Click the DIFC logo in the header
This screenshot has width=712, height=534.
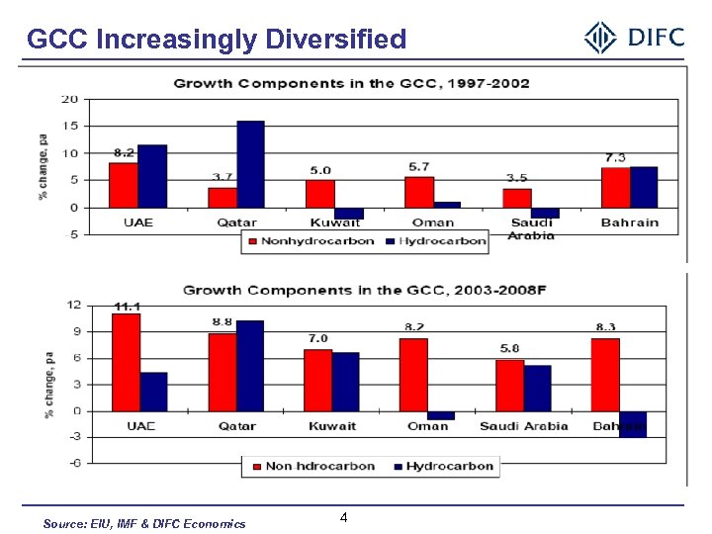(634, 39)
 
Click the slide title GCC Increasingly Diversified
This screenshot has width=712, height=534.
(217, 40)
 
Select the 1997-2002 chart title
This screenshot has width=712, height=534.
(351, 83)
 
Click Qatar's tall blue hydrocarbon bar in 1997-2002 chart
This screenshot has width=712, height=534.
(250, 164)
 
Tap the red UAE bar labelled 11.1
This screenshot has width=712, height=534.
(126, 362)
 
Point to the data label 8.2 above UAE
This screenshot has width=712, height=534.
(124, 152)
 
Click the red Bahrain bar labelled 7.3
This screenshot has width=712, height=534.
(615, 188)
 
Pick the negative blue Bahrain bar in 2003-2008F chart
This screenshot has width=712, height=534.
(633, 424)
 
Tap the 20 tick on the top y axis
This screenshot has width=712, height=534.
(70, 99)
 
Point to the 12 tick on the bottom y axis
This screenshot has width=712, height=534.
(73, 305)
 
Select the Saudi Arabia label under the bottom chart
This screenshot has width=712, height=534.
(524, 426)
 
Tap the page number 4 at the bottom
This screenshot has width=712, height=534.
(343, 518)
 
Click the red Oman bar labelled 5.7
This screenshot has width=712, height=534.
(419, 192)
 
